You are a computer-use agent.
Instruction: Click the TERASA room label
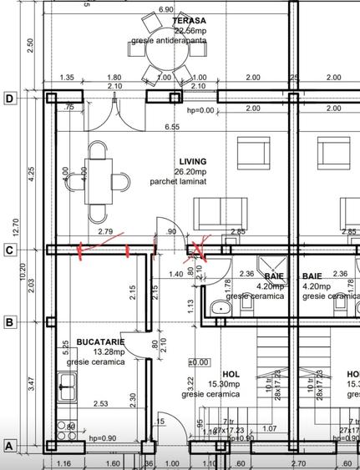click(190, 20)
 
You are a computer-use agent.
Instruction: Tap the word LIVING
click(192, 161)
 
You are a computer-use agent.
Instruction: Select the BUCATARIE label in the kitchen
click(100, 341)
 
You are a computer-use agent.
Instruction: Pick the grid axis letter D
click(9, 98)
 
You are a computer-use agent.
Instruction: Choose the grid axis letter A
click(9, 446)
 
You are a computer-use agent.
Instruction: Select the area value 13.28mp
click(101, 351)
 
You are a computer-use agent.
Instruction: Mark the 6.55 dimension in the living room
click(172, 127)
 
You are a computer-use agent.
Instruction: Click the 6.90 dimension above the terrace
click(165, 9)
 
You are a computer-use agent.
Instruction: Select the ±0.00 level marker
click(199, 362)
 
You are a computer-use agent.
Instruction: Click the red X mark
click(201, 248)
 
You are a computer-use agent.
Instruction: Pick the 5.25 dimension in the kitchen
click(65, 346)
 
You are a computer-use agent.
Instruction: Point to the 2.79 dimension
click(105, 231)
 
